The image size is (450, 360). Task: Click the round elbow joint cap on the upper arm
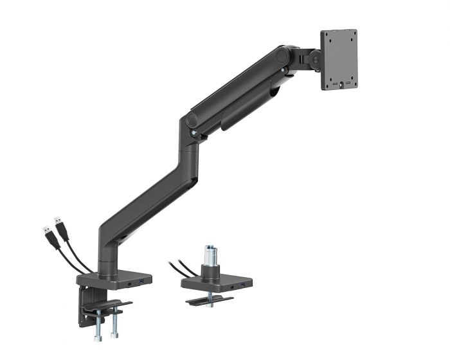coord(191,120)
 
